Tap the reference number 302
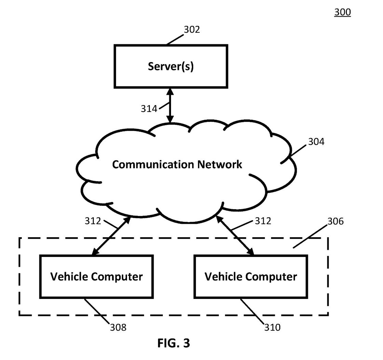coord(192,30)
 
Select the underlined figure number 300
coord(342,12)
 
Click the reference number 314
coord(149,109)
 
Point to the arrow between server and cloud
coord(170,105)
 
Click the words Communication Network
coord(177,164)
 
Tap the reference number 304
coord(316,142)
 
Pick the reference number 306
coord(336,221)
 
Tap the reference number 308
coord(118,328)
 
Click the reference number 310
coord(272,328)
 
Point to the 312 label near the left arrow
coord(93,221)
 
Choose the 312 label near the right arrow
coord(263,221)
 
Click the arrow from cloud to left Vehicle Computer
coord(111,236)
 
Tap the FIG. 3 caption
coord(174,343)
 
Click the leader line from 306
coord(310,236)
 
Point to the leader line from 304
coord(293,154)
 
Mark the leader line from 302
coord(175,40)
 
